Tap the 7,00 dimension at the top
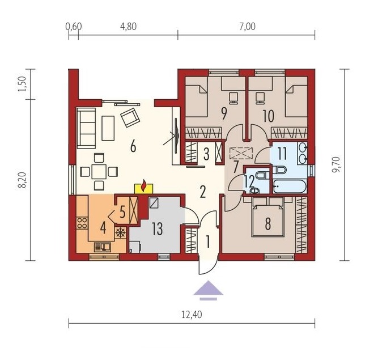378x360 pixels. point(247,26)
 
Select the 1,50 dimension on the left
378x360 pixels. point(22,84)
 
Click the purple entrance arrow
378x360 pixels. point(209,290)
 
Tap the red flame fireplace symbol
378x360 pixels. point(144,185)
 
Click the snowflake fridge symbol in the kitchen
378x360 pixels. point(120,232)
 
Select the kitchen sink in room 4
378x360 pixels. point(103,247)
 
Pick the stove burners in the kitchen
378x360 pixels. point(82,223)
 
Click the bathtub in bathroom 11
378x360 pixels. point(290,186)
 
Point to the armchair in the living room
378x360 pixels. point(130,117)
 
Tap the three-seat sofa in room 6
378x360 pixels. point(86,128)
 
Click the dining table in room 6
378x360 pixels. point(99,172)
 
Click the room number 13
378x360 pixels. point(157,228)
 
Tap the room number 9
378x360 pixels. point(224,113)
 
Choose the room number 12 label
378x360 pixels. point(249,181)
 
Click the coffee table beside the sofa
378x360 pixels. point(108,128)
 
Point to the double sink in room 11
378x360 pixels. point(302,153)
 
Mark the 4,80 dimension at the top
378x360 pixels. point(128,26)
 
